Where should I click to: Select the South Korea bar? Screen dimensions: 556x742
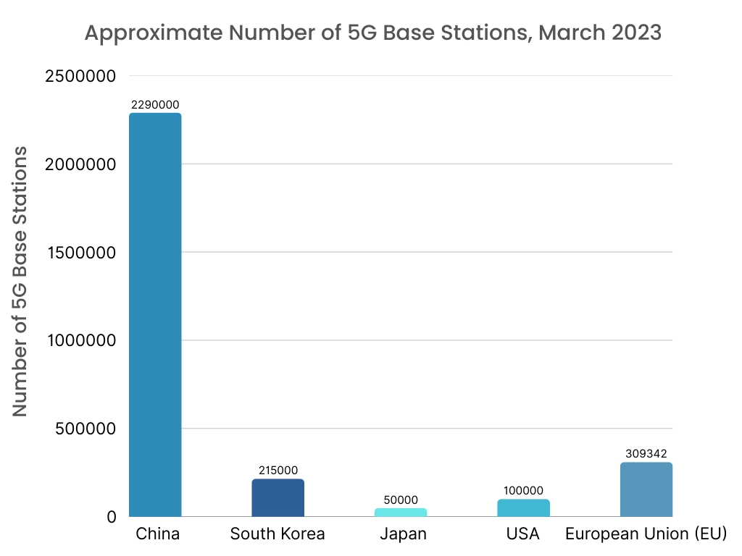click(x=278, y=498)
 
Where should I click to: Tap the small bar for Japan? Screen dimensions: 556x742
click(x=401, y=512)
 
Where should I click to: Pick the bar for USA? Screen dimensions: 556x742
click(x=523, y=507)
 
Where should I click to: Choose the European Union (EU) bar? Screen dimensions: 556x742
click(x=646, y=489)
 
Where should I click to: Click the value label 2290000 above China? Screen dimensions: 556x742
click(x=155, y=105)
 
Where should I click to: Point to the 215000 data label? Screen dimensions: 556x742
click(x=278, y=471)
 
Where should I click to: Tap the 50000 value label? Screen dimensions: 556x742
click(x=401, y=500)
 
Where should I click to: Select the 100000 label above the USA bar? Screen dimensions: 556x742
click(x=523, y=491)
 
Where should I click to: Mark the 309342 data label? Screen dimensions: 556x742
click(x=646, y=454)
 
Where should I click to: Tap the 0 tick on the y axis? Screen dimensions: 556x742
click(x=112, y=517)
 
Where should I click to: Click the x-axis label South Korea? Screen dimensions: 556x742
click(x=278, y=535)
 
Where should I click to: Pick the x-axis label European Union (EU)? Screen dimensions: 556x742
click(x=646, y=535)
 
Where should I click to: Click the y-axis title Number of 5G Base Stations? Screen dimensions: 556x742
click(x=20, y=282)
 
